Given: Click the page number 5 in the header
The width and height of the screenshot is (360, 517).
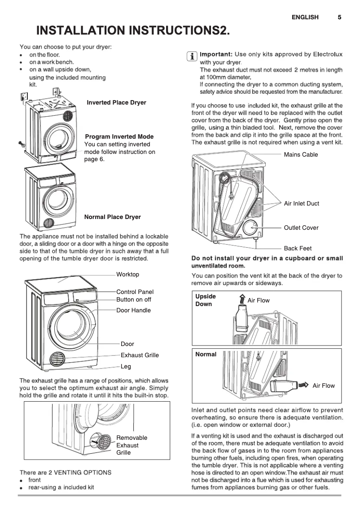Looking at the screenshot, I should tap(339, 18).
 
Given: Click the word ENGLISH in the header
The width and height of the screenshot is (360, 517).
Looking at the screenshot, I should tap(305, 18).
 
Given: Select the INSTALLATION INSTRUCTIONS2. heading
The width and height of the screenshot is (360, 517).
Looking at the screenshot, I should tap(133, 31).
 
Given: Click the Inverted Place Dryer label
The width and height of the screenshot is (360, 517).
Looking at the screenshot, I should tap(116, 103).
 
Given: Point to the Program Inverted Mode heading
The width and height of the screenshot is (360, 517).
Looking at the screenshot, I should tap(119, 136).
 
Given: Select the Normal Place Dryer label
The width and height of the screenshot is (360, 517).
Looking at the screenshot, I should tap(112, 217).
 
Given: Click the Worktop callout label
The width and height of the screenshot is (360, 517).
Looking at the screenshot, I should tap(127, 274).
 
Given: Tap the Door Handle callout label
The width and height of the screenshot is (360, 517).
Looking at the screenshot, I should tap(133, 310).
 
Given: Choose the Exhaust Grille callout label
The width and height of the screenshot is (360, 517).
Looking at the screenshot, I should tap(140, 355).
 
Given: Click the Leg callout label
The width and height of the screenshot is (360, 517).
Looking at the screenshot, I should tap(126, 366).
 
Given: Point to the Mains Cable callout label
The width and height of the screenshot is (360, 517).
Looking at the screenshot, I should tap(301, 154).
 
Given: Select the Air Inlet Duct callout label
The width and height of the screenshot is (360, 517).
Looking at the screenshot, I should tap(301, 203).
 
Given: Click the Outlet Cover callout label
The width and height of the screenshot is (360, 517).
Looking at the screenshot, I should tap(301, 228).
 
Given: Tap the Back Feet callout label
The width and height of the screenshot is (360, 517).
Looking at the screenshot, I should tap(298, 248).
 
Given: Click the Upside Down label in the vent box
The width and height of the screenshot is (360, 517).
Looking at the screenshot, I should tap(205, 300).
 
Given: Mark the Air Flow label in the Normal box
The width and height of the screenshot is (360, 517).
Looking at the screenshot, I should tap(323, 386).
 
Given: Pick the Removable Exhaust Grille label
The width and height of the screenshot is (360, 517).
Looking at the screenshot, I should tap(131, 445).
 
